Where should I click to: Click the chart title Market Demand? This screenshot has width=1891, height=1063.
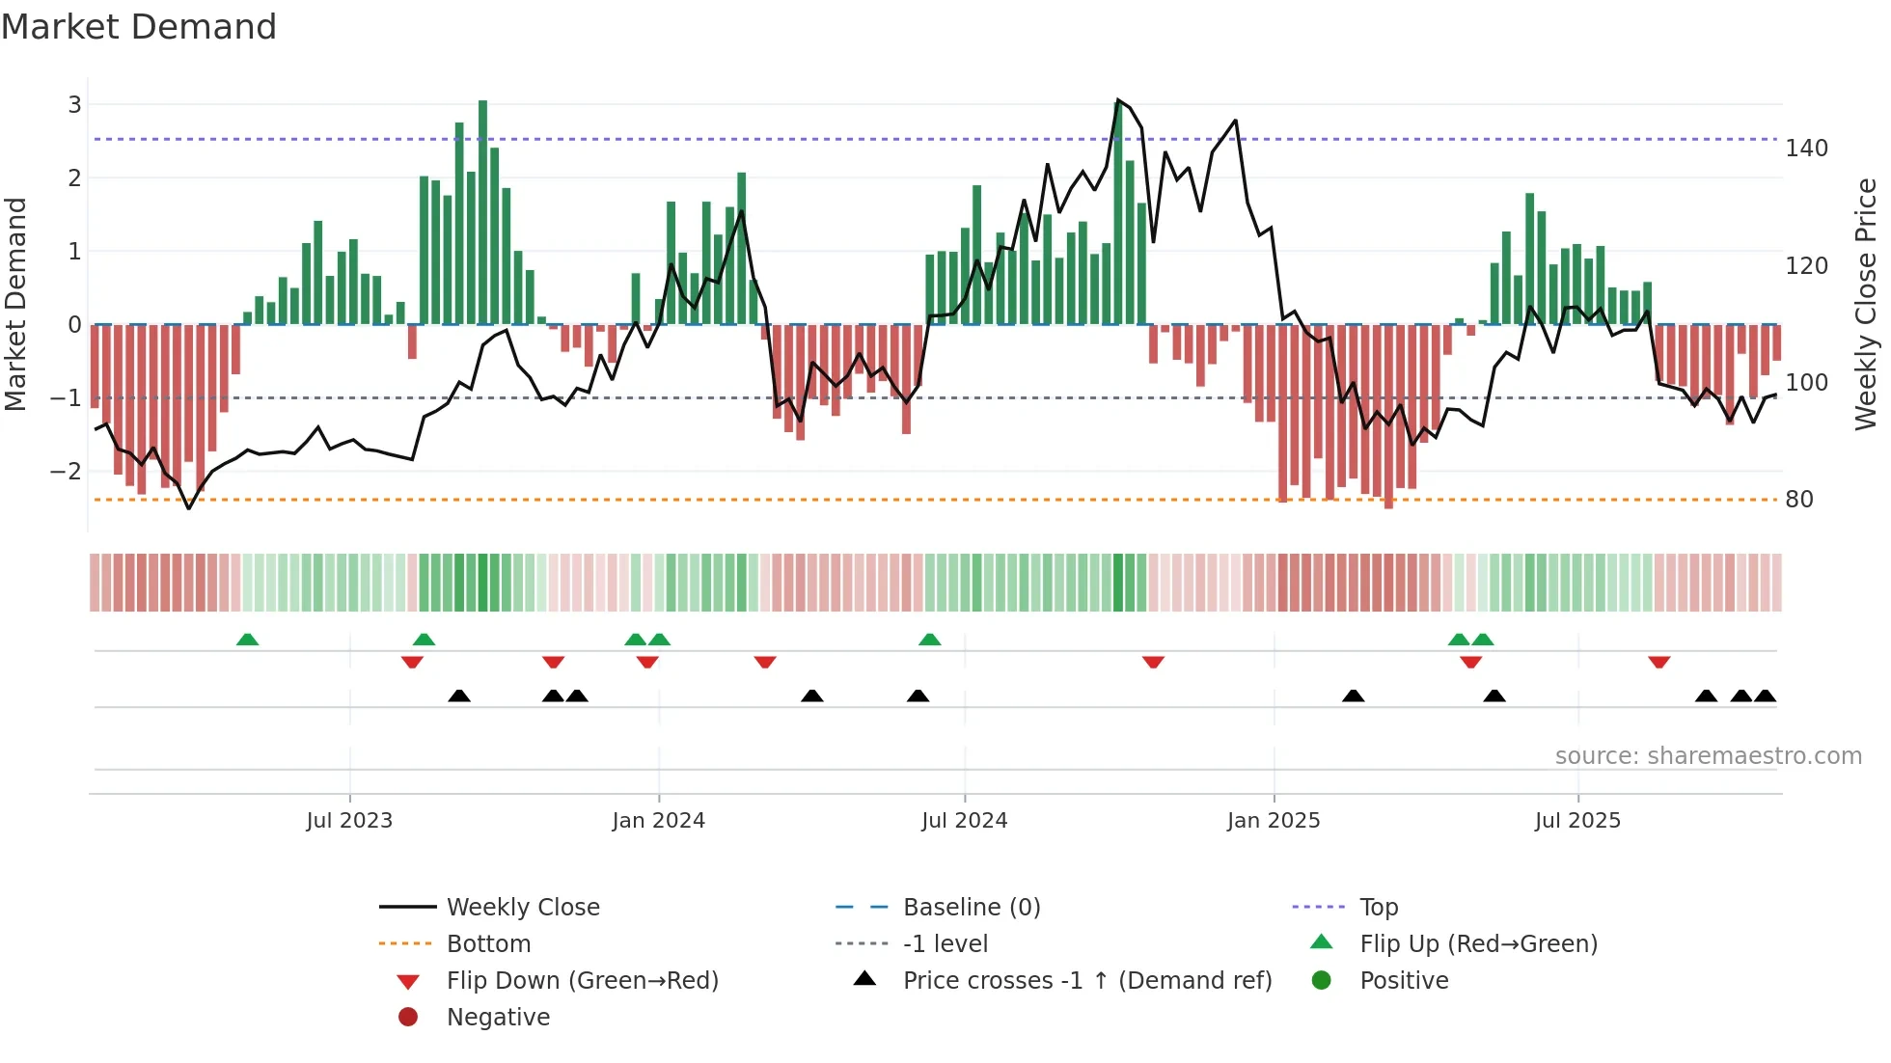click(x=139, y=27)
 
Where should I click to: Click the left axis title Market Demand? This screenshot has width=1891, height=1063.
click(x=15, y=304)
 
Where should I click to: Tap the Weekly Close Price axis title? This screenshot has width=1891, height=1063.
click(x=1866, y=304)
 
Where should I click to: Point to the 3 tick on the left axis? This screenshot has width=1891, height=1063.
click(x=74, y=104)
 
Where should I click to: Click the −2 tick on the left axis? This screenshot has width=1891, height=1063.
click(x=67, y=472)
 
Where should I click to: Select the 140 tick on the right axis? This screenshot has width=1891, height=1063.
click(x=1806, y=149)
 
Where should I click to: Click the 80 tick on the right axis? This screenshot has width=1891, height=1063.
click(x=1798, y=500)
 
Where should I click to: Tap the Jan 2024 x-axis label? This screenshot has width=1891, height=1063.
click(x=658, y=821)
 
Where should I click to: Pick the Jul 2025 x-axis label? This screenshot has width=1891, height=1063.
click(x=1577, y=821)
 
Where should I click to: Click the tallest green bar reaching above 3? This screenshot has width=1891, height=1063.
click(x=482, y=212)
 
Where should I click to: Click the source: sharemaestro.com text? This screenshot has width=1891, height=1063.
click(x=1708, y=756)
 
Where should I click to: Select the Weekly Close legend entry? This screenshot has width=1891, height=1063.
click(x=522, y=908)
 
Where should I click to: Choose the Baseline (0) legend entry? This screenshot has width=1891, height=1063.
click(x=971, y=908)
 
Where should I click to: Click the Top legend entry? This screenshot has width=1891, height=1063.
click(x=1378, y=908)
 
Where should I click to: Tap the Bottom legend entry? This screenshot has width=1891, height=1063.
click(x=488, y=944)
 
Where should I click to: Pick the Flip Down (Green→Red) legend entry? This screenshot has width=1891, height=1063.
click(x=582, y=981)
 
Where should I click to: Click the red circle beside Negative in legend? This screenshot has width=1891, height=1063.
click(x=408, y=1018)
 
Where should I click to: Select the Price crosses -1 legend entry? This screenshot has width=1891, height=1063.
click(x=1086, y=981)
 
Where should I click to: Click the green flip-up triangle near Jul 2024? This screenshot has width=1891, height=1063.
click(x=929, y=640)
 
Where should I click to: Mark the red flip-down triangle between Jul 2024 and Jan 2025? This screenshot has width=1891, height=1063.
click(x=1153, y=662)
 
